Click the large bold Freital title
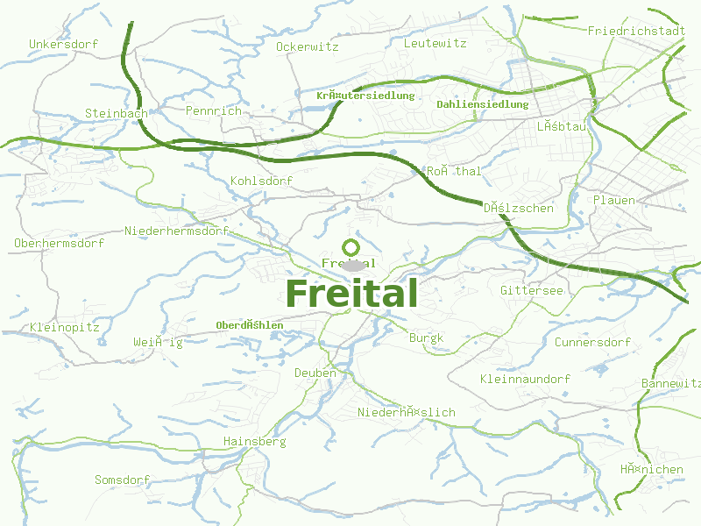[351, 294]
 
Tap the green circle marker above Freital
[350, 247]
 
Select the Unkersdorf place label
[63, 44]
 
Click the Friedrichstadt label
[636, 31]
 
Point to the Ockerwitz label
[307, 46]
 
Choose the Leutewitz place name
[435, 42]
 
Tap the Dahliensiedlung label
[483, 104]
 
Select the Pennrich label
[213, 110]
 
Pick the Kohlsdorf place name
[261, 181]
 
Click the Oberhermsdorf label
[60, 243]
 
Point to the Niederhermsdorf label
[176, 231]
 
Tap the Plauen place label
[614, 200]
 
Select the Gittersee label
[532, 289]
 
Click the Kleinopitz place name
[65, 327]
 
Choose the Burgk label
[427, 338]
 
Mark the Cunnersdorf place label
[592, 342]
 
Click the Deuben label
[315, 373]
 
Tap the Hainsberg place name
[255, 441]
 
